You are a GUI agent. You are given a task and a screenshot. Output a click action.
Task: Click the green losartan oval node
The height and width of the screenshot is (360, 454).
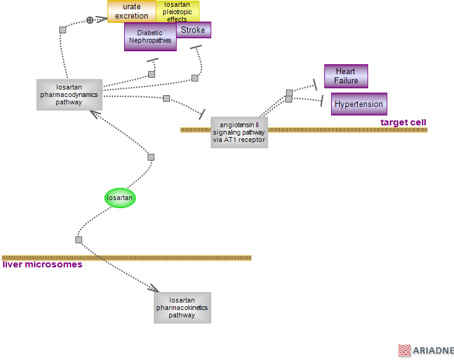pyautogui.click(x=120, y=198)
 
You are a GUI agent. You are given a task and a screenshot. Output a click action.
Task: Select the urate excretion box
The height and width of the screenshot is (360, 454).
pyautogui.click(x=132, y=11)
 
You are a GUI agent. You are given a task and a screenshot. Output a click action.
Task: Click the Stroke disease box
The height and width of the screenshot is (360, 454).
pyautogui.click(x=194, y=30)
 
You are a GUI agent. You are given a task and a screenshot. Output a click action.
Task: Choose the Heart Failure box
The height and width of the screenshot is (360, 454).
pyautogui.click(x=346, y=76)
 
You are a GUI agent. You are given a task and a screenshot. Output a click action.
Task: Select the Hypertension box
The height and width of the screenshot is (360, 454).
pyautogui.click(x=359, y=104)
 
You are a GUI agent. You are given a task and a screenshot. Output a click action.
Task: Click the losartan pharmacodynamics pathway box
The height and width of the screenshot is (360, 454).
pyautogui.click(x=69, y=94)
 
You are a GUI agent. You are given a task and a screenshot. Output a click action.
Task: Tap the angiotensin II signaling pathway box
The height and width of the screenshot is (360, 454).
pyautogui.click(x=239, y=132)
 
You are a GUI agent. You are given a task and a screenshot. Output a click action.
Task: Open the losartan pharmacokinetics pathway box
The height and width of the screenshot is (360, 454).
pyautogui.click(x=182, y=308)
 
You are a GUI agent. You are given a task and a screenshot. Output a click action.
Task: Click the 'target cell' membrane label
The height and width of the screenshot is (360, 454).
pyautogui.click(x=403, y=122)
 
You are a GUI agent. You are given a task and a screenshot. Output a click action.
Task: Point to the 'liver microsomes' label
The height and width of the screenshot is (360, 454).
pyautogui.click(x=43, y=264)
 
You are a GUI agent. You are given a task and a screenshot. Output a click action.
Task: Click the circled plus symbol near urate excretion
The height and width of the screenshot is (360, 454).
pyautogui.click(x=90, y=20)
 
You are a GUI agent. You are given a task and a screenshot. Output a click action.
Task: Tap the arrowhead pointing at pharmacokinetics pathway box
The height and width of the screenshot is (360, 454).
pyautogui.click(x=153, y=288)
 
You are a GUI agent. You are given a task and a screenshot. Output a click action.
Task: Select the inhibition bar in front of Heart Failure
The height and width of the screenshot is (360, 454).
pyautogui.click(x=315, y=83)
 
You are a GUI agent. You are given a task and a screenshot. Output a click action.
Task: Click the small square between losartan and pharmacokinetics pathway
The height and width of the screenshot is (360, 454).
pyautogui.click(x=78, y=239)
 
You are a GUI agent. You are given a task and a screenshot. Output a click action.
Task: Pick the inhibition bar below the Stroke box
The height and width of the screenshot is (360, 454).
pyautogui.click(x=196, y=48)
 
